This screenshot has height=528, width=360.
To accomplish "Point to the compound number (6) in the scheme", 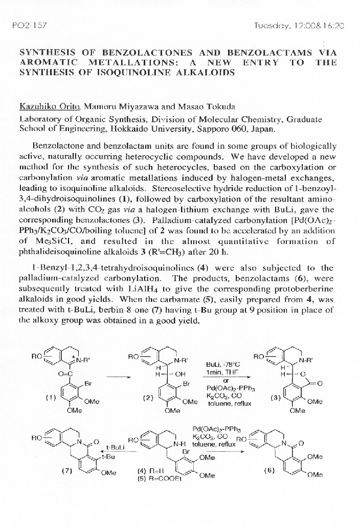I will (x=269, y=470).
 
